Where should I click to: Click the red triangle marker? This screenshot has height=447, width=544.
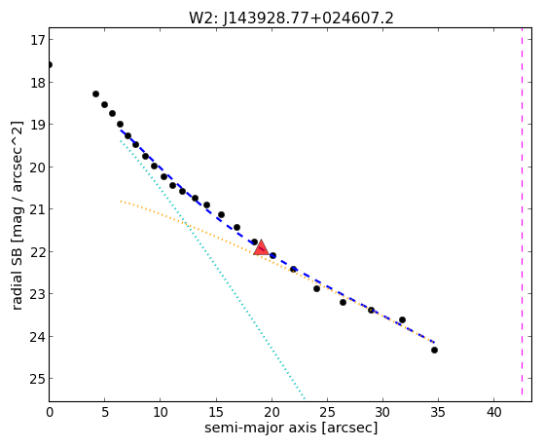coord(261,247)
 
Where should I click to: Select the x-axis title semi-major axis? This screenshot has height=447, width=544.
coord(260,428)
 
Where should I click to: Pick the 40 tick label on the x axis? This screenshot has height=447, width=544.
coord(493,412)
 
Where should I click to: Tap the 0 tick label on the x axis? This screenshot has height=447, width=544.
coord(50,412)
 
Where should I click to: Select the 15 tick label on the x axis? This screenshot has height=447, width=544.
coord(216,412)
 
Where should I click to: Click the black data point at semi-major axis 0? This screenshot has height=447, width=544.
coord(50,64)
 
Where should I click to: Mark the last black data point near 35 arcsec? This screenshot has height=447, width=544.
coord(434,350)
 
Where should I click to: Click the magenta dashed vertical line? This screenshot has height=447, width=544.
coord(522,211)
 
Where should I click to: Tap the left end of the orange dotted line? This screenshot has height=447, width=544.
coord(121,201)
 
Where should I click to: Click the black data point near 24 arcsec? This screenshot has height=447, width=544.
coord(316,288)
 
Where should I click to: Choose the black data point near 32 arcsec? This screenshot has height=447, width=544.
coord(403,319)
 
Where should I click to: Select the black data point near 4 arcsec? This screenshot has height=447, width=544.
coord(95,93)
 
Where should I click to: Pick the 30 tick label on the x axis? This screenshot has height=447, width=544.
coord(382,412)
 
